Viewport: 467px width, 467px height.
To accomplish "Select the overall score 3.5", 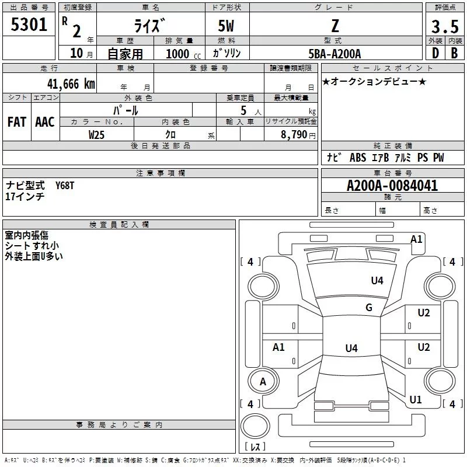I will point(444,26).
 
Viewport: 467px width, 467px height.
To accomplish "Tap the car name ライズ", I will point(151,26).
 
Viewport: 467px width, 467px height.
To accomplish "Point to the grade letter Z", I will point(334,26).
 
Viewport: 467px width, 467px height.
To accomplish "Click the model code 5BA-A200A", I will point(334,54).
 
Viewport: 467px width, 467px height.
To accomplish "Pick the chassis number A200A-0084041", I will point(392,186).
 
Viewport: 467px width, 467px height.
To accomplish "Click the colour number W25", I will point(97,134).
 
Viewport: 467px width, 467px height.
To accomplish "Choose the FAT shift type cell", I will point(16,122).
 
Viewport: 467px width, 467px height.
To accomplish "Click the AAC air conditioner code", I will point(45,122).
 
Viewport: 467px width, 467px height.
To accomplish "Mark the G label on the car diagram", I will point(369,308).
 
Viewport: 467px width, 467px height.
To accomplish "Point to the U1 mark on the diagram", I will point(416,400).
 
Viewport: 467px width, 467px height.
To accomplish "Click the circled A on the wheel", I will point(263,382).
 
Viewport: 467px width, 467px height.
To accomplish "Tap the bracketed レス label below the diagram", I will point(255,447).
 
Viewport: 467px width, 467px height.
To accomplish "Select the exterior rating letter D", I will point(435,54).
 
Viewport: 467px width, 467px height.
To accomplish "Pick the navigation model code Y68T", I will point(65,185).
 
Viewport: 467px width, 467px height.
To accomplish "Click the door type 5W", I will point(227,26).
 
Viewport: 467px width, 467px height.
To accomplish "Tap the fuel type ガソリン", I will point(227,54).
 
